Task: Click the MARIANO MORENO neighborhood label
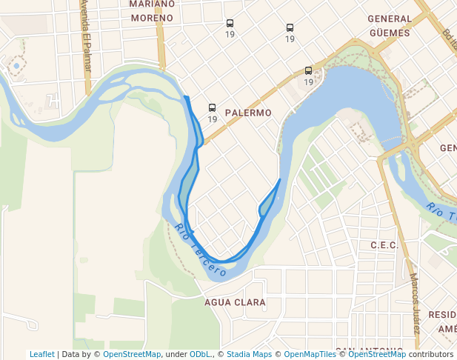pyautogui.click(x=152, y=10)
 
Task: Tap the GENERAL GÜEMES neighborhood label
pyautogui.click(x=390, y=25)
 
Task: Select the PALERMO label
pyautogui.click(x=248, y=113)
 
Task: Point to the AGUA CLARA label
pyautogui.click(x=235, y=302)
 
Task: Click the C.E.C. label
pyautogui.click(x=384, y=245)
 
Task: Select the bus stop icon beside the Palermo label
pyautogui.click(x=213, y=108)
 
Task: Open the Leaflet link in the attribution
pyautogui.click(x=42, y=354)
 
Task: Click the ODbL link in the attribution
pyautogui.click(x=200, y=354)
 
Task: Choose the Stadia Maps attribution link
pyautogui.click(x=249, y=354)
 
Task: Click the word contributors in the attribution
pyautogui.click(x=431, y=354)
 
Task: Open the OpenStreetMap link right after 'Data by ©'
pyautogui.click(x=131, y=354)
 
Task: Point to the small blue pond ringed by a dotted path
pyautogui.click(x=16, y=66)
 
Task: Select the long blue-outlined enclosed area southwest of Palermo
pyautogui.click(x=189, y=178)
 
